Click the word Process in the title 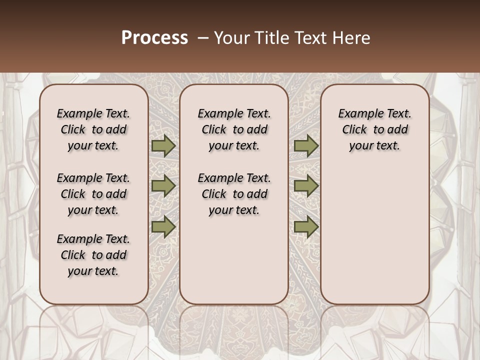point(154,38)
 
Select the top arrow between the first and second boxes point(163,145)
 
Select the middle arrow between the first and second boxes point(163,186)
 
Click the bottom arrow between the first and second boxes point(163,226)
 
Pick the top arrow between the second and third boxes point(306,145)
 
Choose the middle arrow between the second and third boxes point(306,186)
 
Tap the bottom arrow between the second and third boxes point(306,226)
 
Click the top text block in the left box point(93,129)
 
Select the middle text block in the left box point(93,194)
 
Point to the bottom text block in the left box point(93,255)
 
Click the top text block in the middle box point(234,129)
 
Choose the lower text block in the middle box point(234,194)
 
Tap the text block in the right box point(375,129)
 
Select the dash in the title point(203,38)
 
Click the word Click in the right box point(354,130)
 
